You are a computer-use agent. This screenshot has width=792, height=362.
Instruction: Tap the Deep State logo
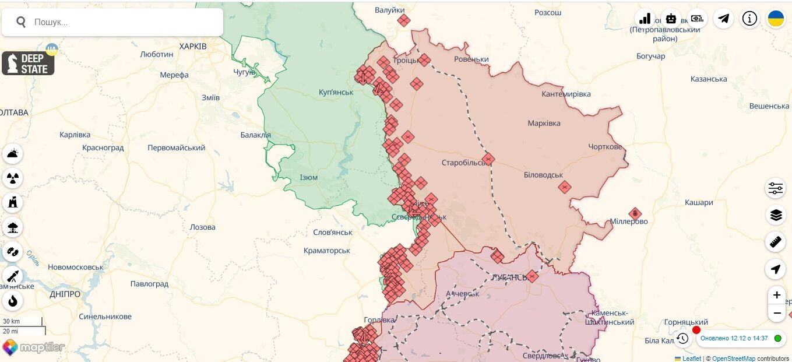click(x=28, y=63)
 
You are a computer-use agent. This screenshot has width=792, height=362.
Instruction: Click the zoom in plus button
click(x=776, y=295)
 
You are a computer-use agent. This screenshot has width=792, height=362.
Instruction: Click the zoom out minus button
click(x=776, y=314)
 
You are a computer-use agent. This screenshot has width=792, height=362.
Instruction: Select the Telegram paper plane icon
click(x=723, y=19)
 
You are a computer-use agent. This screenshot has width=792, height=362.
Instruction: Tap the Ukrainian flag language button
click(x=776, y=19)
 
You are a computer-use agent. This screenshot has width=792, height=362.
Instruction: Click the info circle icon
click(x=749, y=19)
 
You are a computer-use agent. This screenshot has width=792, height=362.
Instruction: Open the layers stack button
click(x=775, y=215)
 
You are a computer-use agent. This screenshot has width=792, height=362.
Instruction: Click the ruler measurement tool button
click(x=775, y=241)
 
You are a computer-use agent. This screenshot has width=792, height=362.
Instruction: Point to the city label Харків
click(x=193, y=46)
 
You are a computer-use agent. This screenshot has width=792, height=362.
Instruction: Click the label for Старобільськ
click(x=464, y=163)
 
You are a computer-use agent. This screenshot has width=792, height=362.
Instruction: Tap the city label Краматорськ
click(x=327, y=251)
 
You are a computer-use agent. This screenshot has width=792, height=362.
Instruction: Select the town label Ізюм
click(x=308, y=178)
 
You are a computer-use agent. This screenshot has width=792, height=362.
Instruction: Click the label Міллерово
click(x=628, y=222)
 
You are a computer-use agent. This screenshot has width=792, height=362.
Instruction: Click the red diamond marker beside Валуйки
click(x=404, y=20)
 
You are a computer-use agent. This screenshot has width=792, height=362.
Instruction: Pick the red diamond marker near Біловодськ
click(x=564, y=187)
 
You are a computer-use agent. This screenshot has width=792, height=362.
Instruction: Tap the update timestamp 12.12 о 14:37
click(x=734, y=338)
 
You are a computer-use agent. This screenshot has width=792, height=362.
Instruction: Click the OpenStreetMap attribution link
click(x=733, y=359)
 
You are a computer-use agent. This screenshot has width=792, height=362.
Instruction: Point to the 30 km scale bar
click(x=22, y=322)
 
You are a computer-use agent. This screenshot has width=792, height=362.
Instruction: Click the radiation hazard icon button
click(x=13, y=178)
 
